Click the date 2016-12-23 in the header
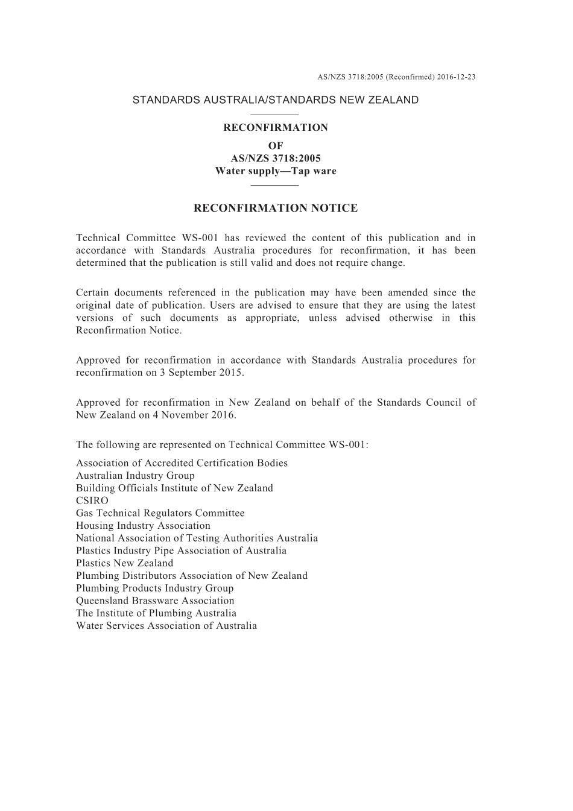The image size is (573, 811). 456,77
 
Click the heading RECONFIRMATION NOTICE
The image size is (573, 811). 276,208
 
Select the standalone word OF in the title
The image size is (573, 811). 276,145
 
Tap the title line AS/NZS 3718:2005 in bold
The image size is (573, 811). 276,158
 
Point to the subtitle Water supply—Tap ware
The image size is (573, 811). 276,171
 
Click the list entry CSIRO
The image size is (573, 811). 92,500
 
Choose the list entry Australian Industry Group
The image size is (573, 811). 135,475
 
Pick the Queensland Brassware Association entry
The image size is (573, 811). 155,601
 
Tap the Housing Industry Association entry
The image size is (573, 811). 143,525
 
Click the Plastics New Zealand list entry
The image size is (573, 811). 124,563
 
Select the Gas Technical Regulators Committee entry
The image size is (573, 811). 160,513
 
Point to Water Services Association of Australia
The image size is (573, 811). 166,626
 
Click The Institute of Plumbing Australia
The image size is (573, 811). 156,613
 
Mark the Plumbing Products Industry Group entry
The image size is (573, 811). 154,588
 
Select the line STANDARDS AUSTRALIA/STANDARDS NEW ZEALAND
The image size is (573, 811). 276,100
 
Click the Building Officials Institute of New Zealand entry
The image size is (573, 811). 174,488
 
